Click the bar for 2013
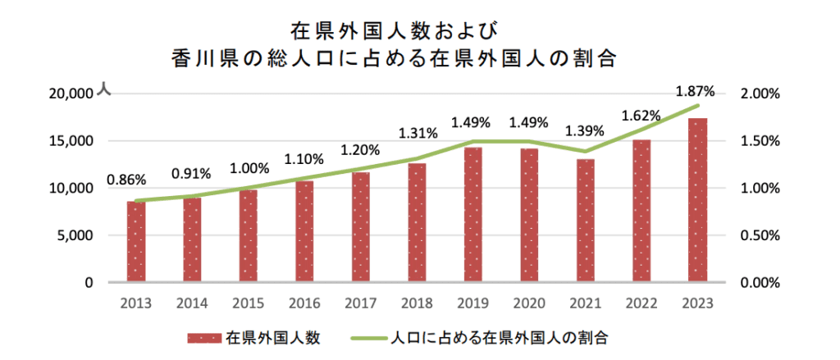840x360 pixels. coord(136,242)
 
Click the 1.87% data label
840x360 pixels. coord(696,91)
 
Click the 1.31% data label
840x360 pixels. coord(418,134)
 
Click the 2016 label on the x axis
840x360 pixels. coord(304,303)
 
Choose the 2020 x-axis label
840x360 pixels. coord(529,303)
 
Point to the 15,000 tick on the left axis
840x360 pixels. coord(71,141)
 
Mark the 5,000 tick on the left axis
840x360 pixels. coord(75,235)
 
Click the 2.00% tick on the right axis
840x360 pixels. coord(760,93)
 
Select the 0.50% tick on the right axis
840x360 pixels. coord(760,235)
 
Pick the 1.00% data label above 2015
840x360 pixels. coord(249,169)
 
